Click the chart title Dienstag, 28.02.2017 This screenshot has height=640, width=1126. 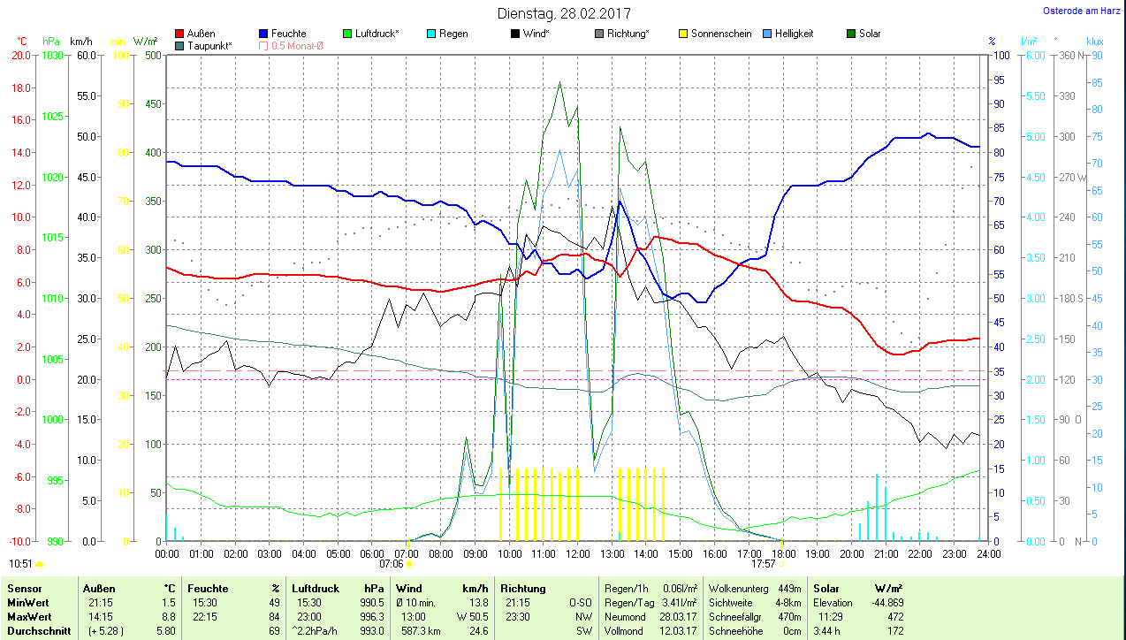click(564, 13)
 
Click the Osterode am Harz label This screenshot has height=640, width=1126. click(1082, 11)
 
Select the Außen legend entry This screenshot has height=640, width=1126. click(201, 34)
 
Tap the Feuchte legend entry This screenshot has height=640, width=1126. click(288, 34)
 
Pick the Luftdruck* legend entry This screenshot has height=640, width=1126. click(377, 34)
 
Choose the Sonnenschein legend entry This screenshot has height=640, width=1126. click(721, 34)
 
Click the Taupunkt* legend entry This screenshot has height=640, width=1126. click(209, 45)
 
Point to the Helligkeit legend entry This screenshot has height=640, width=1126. click(794, 34)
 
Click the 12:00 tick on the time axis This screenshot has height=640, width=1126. click(577, 554)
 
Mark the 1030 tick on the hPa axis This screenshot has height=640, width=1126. click(53, 55)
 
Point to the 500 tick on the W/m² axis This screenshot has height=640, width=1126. click(153, 55)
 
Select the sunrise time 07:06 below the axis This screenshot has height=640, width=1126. click(391, 563)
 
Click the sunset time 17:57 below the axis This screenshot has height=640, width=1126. click(763, 563)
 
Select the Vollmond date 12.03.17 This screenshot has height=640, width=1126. click(680, 630)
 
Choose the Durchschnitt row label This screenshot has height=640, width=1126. click(40, 630)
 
